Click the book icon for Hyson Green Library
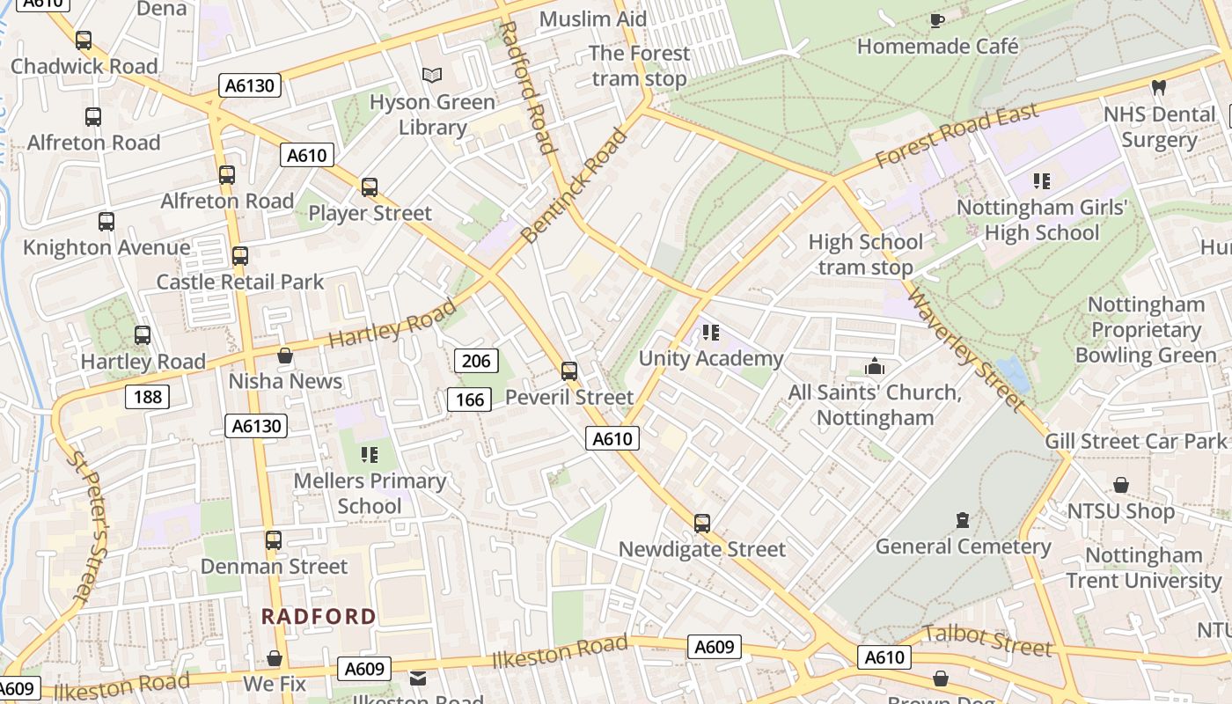tap(431, 76)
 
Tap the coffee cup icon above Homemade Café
tap(937, 20)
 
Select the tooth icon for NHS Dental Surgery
tap(1159, 88)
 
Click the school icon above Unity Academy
tap(711, 333)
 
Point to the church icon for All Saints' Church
tap(875, 366)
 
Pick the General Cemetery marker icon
tap(963, 520)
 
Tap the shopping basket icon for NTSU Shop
tap(1120, 485)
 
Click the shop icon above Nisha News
tap(285, 356)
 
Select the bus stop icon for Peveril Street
tap(569, 371)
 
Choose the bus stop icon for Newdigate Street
tap(701, 524)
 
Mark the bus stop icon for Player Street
tap(370, 187)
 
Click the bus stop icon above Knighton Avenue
tap(106, 222)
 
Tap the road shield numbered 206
tap(476, 360)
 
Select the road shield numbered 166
tap(470, 400)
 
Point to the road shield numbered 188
tap(147, 397)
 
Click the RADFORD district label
tap(319, 617)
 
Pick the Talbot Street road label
tap(987, 642)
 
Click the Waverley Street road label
tap(965, 349)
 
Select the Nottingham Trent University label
tap(1143, 568)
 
